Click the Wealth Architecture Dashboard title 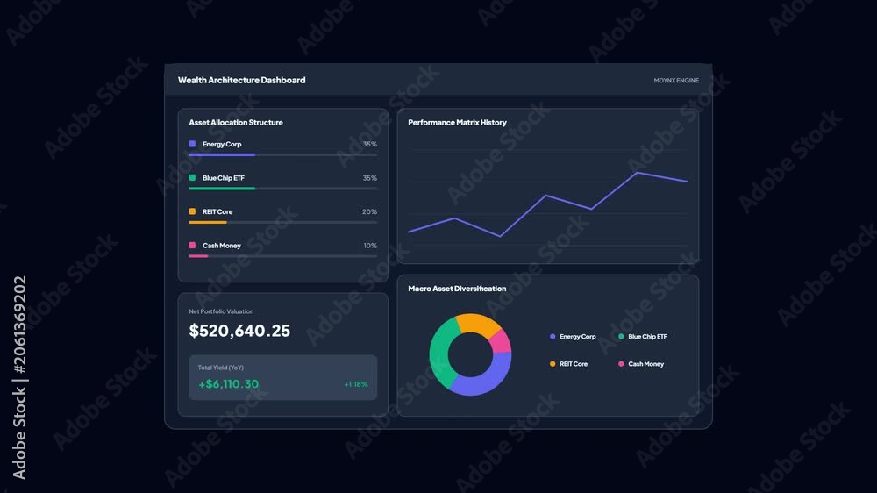pos(242,80)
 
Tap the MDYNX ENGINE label pos(676,81)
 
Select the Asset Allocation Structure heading pos(235,123)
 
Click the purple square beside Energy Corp pos(192,144)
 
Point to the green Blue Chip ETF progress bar pos(222,189)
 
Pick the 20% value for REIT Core pos(370,211)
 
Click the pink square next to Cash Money pos(192,245)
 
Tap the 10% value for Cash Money pos(370,245)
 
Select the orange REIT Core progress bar pos(208,222)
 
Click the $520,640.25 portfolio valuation pos(239,331)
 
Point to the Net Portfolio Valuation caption pos(221,311)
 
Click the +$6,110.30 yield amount pos(228,384)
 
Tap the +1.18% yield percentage pos(356,384)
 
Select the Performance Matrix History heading pos(457,123)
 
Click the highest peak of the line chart pos(637,172)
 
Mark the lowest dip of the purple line pos(500,236)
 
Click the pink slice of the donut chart pos(501,341)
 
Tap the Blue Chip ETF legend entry pos(643,336)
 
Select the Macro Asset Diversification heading pos(457,289)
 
